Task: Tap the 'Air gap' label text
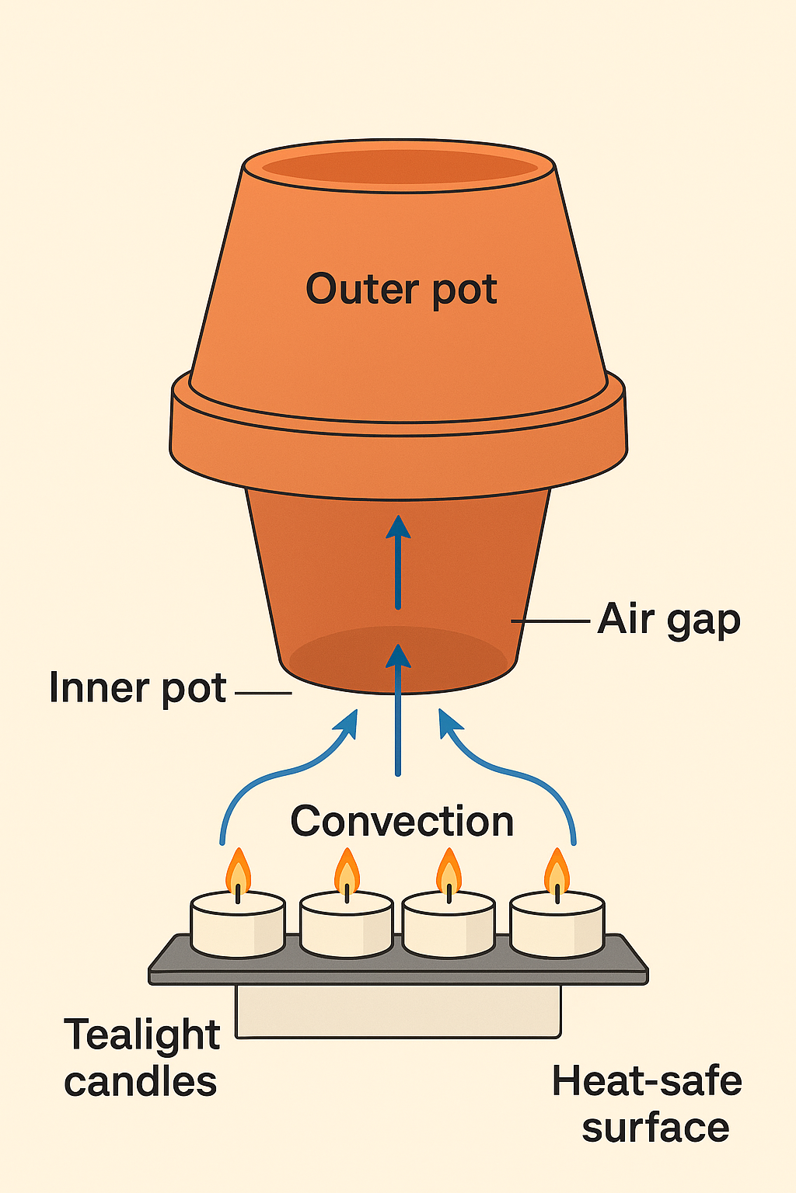click(669, 621)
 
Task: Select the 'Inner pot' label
click(138, 688)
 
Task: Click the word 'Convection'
click(402, 822)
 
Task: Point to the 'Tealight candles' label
click(141, 1058)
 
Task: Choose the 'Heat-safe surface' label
click(647, 1104)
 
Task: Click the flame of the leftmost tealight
click(238, 873)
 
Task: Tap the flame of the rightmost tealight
click(557, 873)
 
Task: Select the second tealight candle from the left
click(346, 924)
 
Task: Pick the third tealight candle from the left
click(449, 924)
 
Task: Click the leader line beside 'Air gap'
click(550, 621)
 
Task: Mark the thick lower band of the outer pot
click(398, 458)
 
